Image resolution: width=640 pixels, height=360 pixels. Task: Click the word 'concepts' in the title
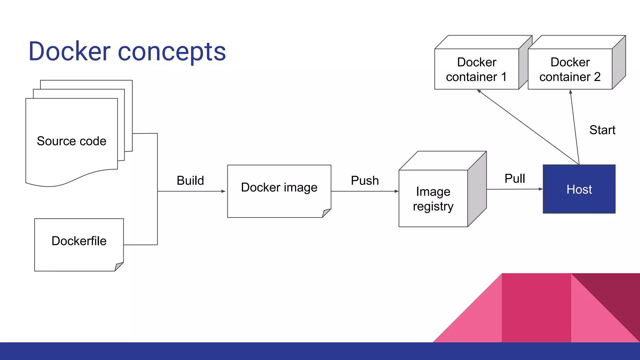pyautogui.click(x=172, y=52)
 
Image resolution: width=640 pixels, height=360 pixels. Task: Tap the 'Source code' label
pyautogui.click(x=72, y=141)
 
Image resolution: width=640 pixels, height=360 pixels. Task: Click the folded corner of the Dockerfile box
pyautogui.click(x=119, y=267)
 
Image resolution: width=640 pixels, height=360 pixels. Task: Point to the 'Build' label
pyautogui.click(x=190, y=181)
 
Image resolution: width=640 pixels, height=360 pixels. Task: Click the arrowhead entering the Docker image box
pyautogui.click(x=223, y=191)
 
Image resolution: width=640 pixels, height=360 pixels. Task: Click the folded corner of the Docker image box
pyautogui.click(x=326, y=213)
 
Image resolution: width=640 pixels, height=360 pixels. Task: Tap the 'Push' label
pyautogui.click(x=365, y=181)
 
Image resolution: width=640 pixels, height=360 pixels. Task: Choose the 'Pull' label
pyautogui.click(x=515, y=179)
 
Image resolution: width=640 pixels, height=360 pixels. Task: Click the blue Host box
pyautogui.click(x=579, y=189)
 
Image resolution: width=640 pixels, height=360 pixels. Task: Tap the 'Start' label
pyautogui.click(x=602, y=130)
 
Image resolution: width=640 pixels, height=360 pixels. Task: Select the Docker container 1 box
pyautogui.click(x=477, y=69)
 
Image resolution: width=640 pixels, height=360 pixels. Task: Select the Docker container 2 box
pyautogui.click(x=570, y=69)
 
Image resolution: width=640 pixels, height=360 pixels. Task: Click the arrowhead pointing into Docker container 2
pyautogui.click(x=571, y=92)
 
